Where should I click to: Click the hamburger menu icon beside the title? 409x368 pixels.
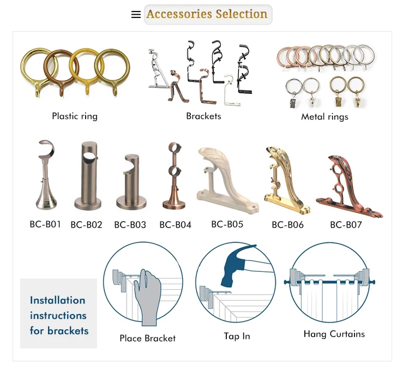click(136, 15)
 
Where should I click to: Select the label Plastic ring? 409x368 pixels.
click(75, 116)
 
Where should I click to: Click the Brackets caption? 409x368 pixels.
click(203, 116)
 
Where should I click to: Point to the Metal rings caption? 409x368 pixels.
click(324, 116)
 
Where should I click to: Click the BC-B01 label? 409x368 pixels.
click(45, 224)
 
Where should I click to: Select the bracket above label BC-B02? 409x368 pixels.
click(86, 176)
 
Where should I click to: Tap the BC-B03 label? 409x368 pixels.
click(130, 224)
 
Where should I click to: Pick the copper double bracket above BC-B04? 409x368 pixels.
click(175, 176)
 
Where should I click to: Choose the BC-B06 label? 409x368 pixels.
click(287, 224)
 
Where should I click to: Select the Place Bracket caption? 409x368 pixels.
click(147, 339)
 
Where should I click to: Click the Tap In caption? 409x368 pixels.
click(237, 336)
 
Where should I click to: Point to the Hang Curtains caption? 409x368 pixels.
click(334, 334)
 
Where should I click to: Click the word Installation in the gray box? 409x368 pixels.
click(57, 300)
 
